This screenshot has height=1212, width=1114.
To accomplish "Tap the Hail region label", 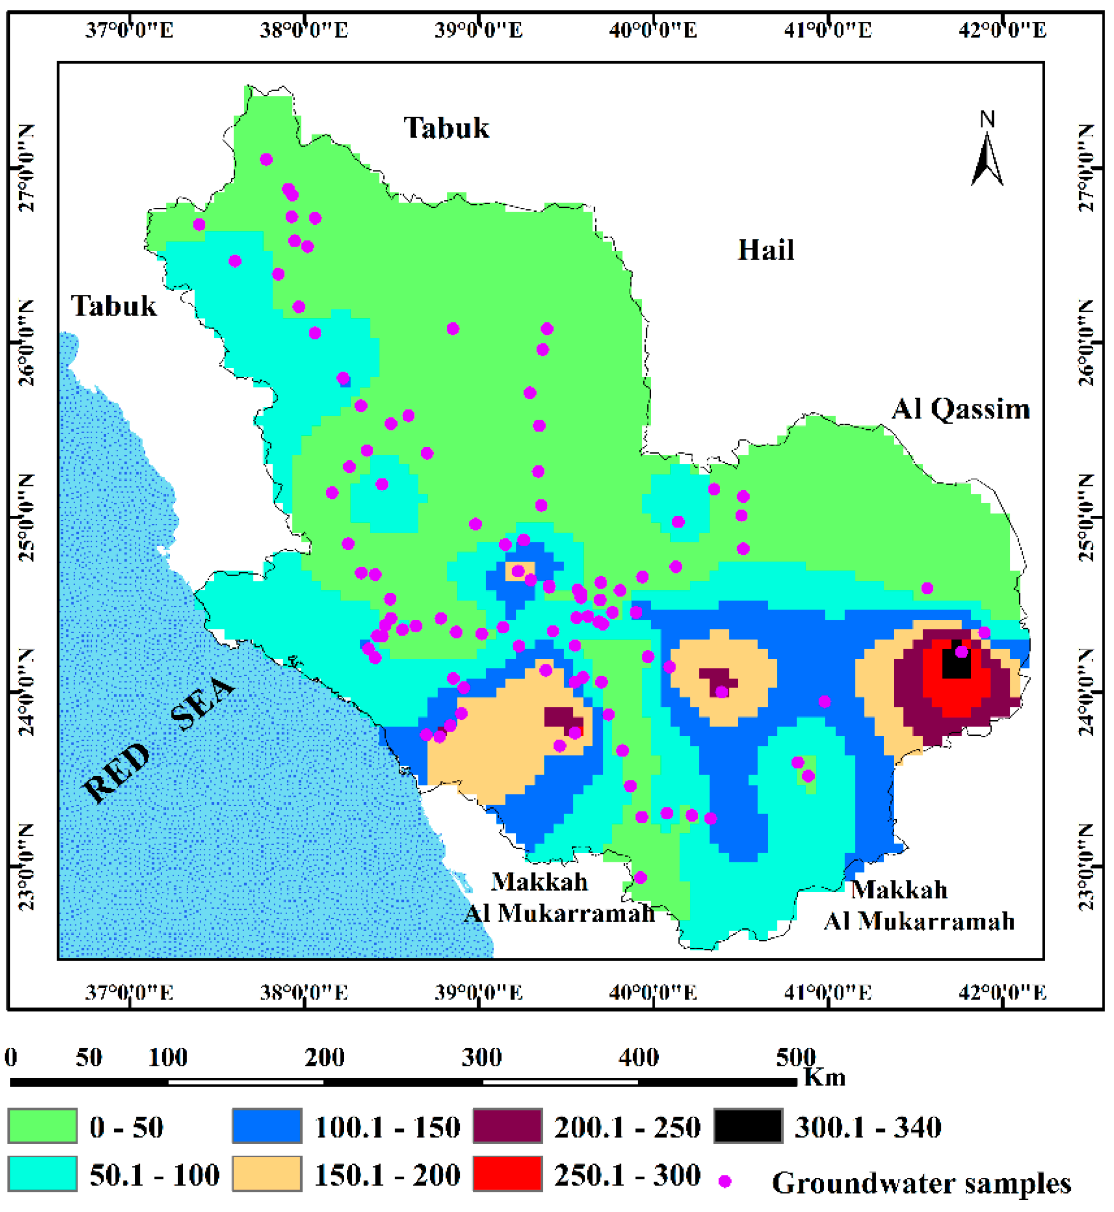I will pyautogui.click(x=766, y=250).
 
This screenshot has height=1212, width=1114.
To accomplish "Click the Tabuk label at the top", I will pyautogui.click(x=446, y=128).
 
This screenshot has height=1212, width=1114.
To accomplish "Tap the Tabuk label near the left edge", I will pyautogui.click(x=114, y=306).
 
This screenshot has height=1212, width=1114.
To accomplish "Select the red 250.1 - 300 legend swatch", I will pyautogui.click(x=507, y=1174).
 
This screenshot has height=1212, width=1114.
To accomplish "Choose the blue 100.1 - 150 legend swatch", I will pyautogui.click(x=267, y=1126).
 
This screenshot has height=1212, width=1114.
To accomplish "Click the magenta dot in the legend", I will pyautogui.click(x=725, y=1182).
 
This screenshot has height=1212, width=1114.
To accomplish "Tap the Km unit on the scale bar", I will pyautogui.click(x=825, y=1077).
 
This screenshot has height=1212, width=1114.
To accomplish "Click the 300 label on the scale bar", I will pyautogui.click(x=482, y=1057).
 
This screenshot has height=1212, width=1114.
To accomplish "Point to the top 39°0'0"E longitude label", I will pyautogui.click(x=478, y=30).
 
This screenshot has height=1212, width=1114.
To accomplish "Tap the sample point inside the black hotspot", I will pyautogui.click(x=962, y=652).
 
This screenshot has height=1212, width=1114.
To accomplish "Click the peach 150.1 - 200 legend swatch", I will pyautogui.click(x=267, y=1174).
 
